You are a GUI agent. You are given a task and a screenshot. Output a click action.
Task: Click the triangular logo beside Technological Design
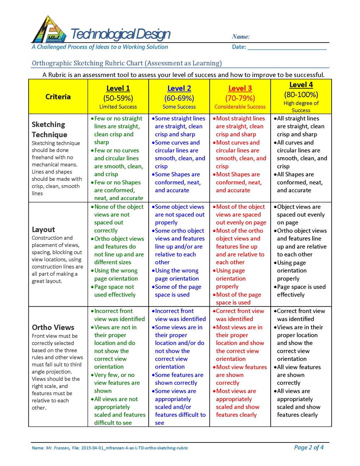[49, 30]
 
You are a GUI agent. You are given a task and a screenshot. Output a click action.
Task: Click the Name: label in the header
[241, 37]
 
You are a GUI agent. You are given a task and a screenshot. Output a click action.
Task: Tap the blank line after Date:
[287, 47]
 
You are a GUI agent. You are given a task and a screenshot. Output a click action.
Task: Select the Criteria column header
[58, 97]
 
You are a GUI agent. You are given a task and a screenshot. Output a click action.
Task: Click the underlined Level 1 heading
[118, 88]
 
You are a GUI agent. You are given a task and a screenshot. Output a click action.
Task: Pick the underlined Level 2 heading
[179, 88]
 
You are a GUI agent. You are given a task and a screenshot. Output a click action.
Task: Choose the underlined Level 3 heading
[240, 88]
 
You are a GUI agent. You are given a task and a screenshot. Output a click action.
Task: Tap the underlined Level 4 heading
[301, 85]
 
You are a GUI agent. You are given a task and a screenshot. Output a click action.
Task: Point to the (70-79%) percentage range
[240, 98]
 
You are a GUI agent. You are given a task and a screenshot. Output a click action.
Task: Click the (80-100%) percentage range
[301, 95]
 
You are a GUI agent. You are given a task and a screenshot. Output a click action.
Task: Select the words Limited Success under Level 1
[118, 107]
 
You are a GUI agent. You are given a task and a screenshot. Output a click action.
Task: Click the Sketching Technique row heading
[49, 129]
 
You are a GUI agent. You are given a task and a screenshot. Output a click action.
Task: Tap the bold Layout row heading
[43, 230]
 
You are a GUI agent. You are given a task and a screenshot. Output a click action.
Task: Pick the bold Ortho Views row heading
[53, 327]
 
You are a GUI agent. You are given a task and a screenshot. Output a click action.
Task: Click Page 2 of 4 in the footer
[309, 447]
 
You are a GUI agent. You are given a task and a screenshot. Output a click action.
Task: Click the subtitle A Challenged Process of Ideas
[100, 47]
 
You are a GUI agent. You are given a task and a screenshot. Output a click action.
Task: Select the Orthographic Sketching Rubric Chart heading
[127, 63]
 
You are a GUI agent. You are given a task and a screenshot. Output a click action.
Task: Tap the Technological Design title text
[121, 34]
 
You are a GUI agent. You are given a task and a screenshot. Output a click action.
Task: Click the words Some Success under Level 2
[179, 107]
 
